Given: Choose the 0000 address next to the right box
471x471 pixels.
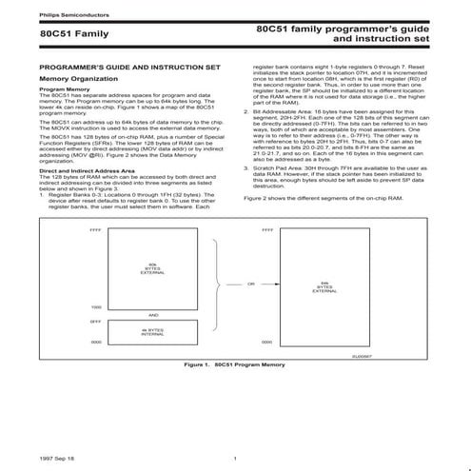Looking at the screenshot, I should click(265, 342).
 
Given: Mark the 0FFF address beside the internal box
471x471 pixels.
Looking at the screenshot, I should click(95, 322).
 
